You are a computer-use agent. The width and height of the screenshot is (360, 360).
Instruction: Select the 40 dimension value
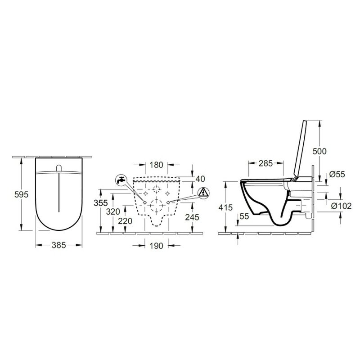pyautogui.click(x=200, y=179)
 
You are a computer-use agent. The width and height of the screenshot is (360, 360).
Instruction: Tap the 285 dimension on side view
pyautogui.click(x=266, y=164)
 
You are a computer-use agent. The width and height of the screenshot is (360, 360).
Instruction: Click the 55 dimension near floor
pyautogui.click(x=245, y=217)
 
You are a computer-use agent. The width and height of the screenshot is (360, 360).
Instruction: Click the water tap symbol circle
pyautogui.click(x=121, y=180)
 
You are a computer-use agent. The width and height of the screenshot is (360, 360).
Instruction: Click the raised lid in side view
pyautogui.click(x=298, y=148)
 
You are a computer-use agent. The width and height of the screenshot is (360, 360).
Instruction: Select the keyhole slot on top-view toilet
pyautogui.click(x=59, y=168)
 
